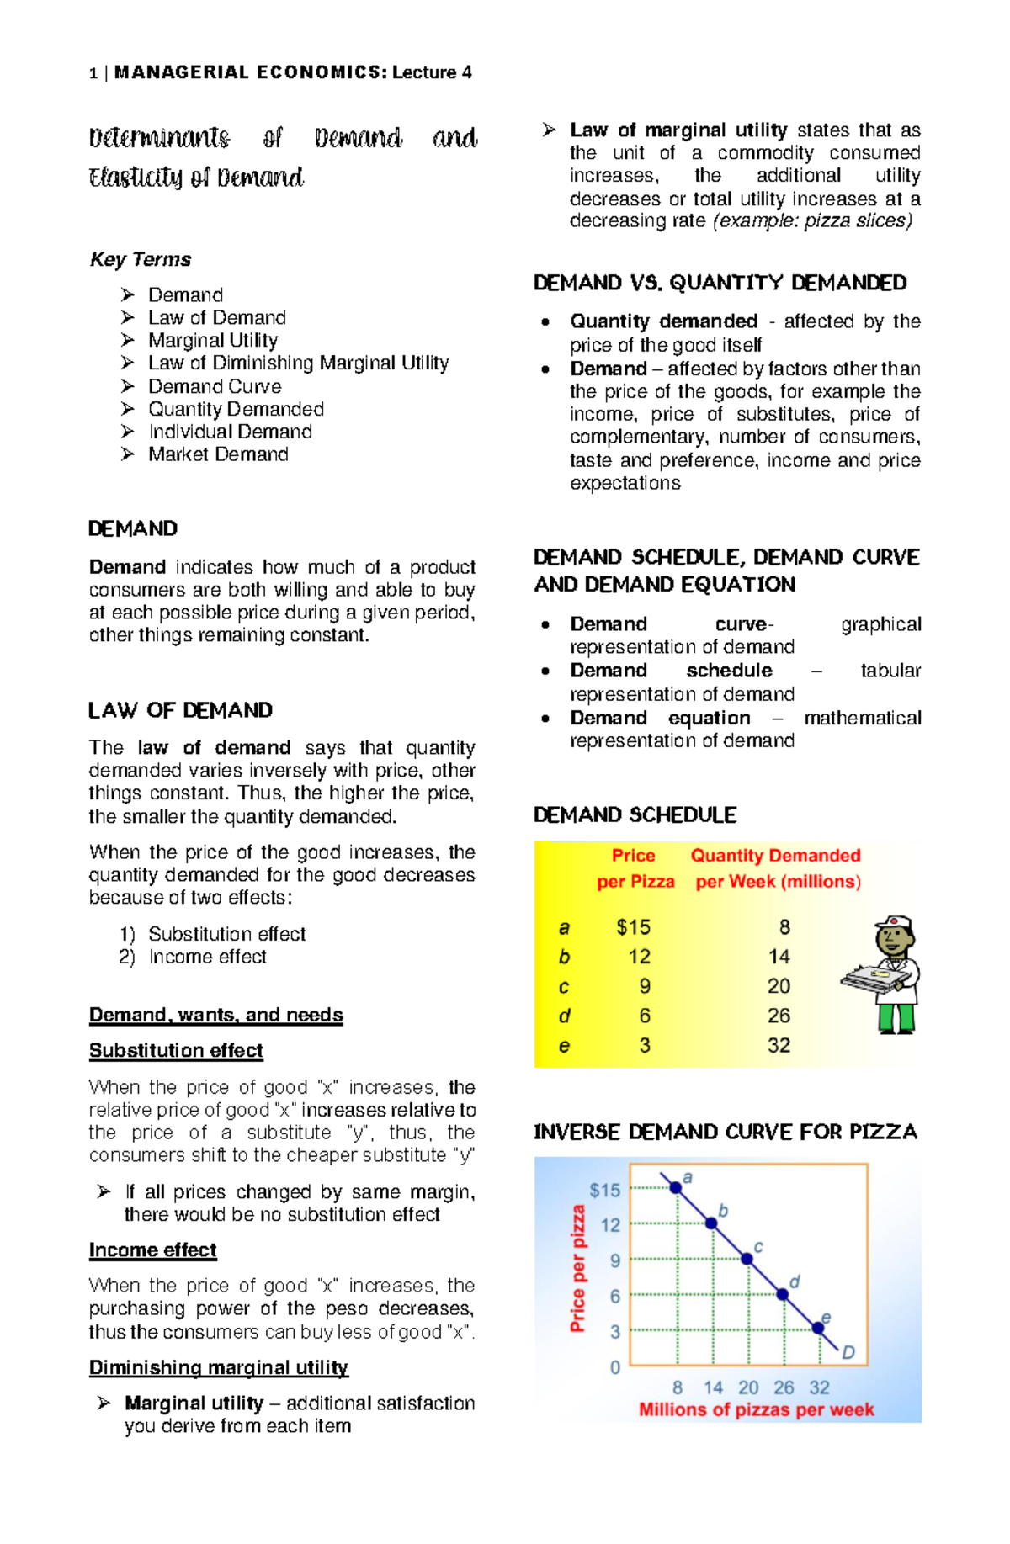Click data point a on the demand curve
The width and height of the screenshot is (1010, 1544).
point(676,1187)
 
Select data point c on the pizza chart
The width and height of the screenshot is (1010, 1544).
point(747,1259)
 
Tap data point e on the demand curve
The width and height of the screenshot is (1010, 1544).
point(818,1329)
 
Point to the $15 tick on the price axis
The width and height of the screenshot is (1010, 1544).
point(604,1190)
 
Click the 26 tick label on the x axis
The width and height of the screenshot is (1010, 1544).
point(784,1387)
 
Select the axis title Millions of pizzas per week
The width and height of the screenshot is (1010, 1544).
point(756,1409)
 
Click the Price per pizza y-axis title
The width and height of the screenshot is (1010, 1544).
point(577,1268)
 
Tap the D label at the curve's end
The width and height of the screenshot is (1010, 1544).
point(848,1352)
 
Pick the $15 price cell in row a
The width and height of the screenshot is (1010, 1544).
point(633,927)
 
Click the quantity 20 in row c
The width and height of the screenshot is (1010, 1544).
point(779,986)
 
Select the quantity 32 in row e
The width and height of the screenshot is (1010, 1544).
point(779,1045)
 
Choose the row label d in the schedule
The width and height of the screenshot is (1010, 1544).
point(564,1016)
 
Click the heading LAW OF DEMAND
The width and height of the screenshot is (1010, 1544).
point(180,710)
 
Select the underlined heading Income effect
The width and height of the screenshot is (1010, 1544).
point(153,1250)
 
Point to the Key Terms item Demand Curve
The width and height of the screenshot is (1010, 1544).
point(215,386)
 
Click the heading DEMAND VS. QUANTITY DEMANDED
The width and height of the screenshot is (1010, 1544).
point(720,283)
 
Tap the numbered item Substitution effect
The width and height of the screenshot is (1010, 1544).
point(226,934)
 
